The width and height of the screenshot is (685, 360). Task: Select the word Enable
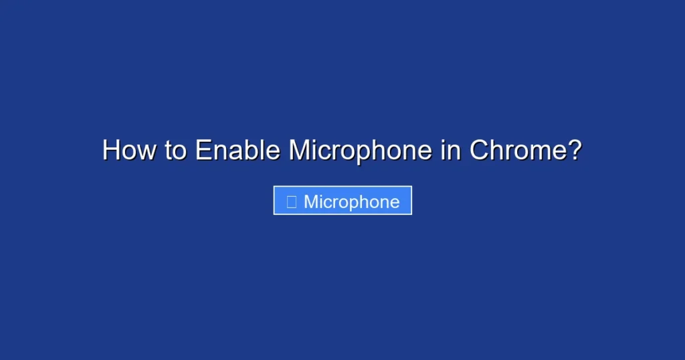point(237,151)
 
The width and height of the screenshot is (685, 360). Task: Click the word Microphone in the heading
point(360,151)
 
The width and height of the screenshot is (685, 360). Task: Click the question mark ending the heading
point(574,151)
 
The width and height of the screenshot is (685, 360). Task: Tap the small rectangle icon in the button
point(291,202)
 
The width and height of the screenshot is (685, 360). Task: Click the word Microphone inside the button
point(352,202)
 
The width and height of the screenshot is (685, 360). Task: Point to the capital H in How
point(111,151)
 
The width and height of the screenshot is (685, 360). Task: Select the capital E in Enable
point(203,151)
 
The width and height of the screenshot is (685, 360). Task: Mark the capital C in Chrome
point(479,151)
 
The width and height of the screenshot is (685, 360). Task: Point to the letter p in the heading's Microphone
point(369,153)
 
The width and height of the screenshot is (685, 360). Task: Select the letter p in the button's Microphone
point(357,204)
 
